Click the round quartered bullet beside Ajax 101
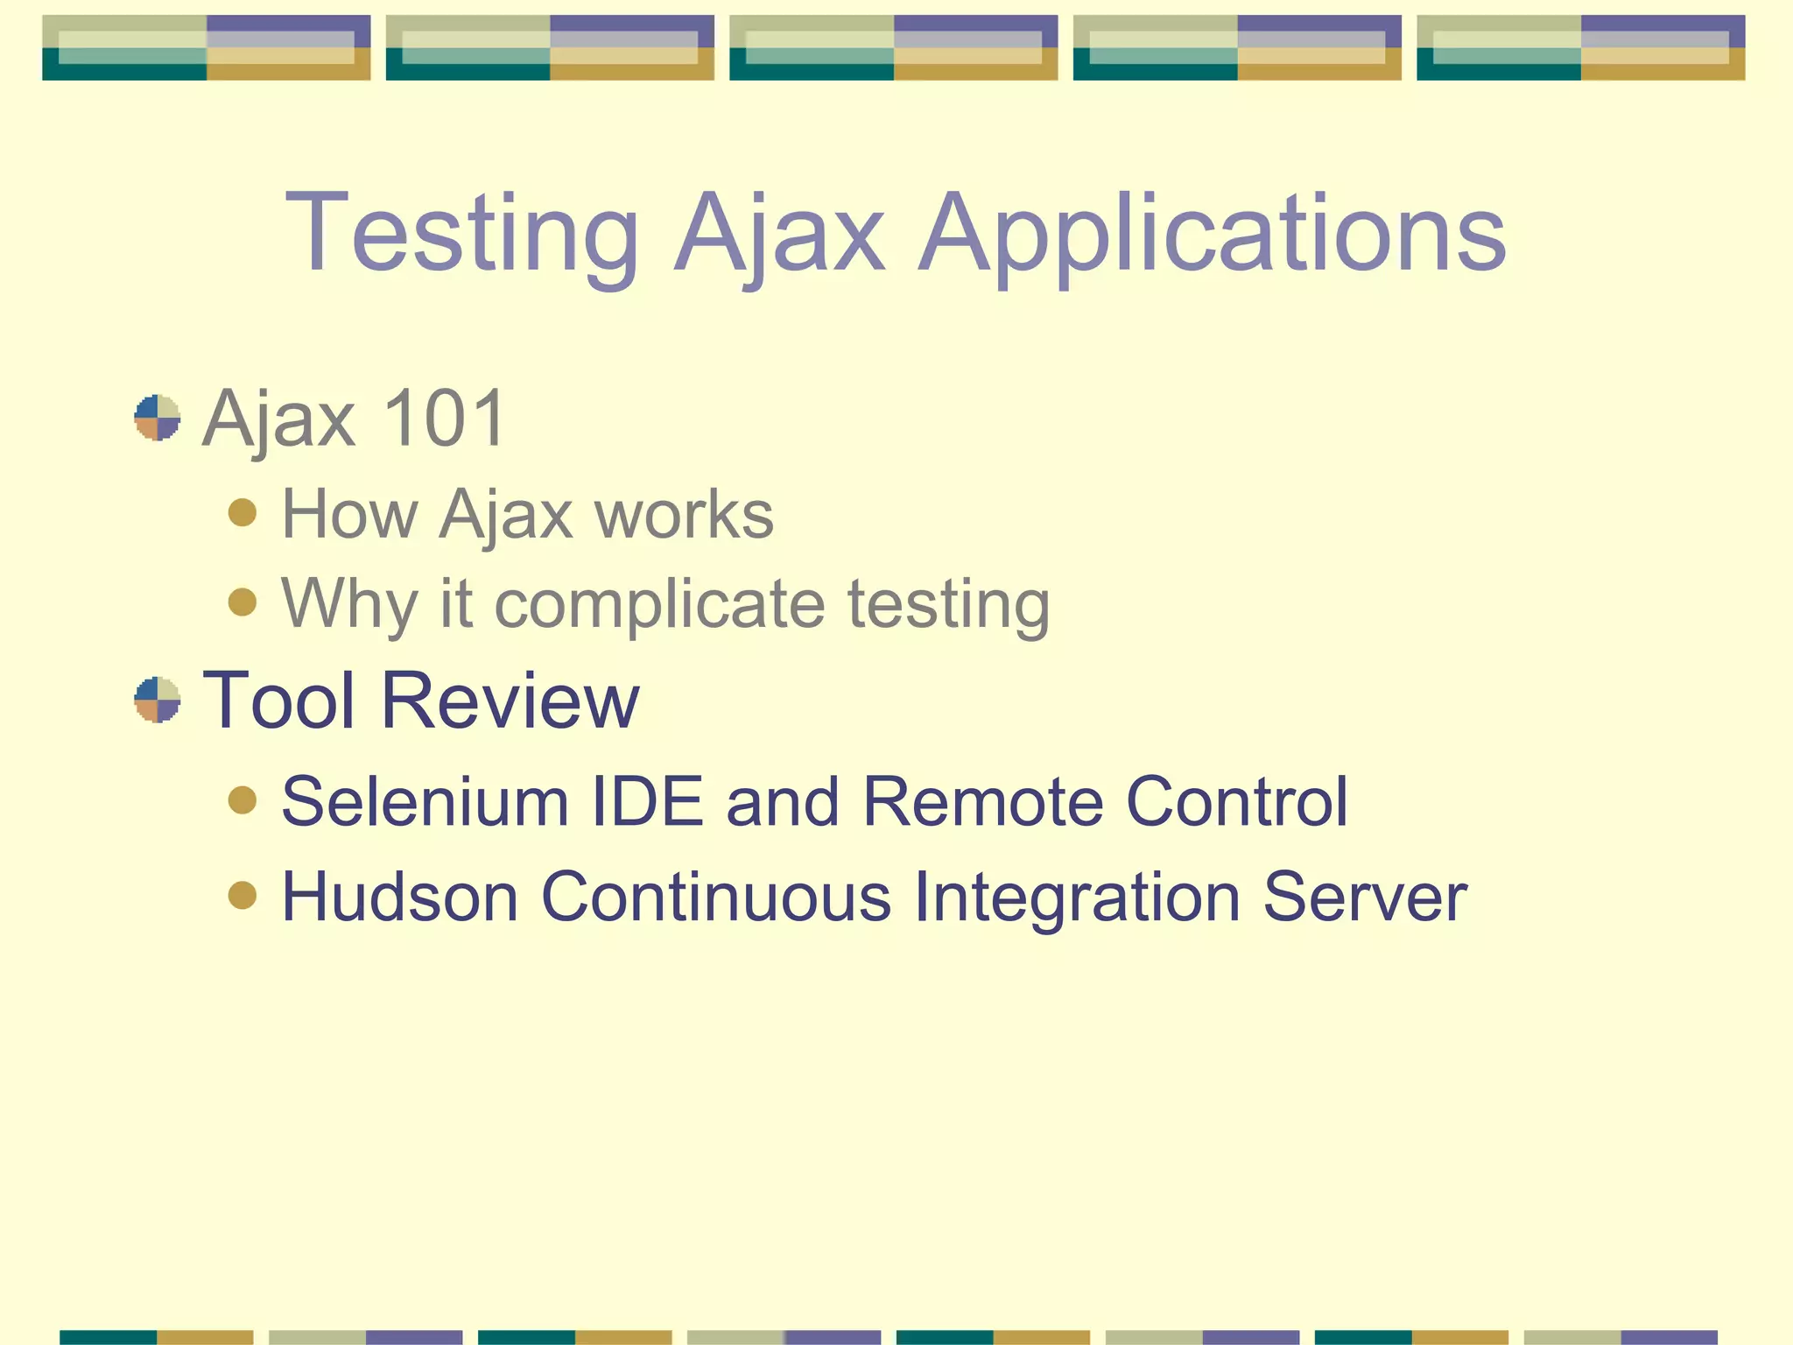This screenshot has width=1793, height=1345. click(158, 418)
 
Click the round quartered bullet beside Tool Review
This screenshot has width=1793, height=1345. click(158, 700)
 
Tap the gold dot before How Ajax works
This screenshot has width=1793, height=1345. click(243, 512)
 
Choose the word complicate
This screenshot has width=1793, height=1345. click(659, 604)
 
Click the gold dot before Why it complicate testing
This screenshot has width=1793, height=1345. click(243, 602)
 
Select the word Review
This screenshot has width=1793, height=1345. click(510, 700)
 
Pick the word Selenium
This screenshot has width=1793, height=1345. click(425, 801)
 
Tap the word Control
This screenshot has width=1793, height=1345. click(1236, 801)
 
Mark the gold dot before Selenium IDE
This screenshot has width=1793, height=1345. click(243, 799)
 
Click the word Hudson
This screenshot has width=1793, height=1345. click(400, 897)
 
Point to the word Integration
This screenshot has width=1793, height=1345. click(1077, 897)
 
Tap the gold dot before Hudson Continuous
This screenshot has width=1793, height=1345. click(243, 895)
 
